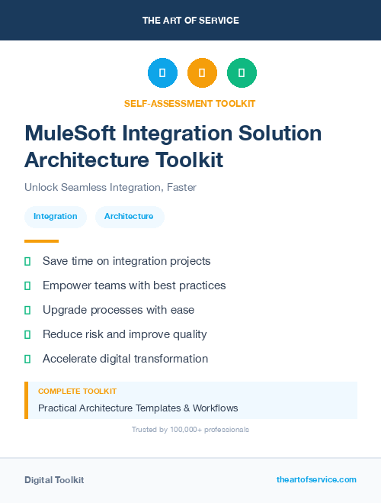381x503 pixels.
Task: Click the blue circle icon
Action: coord(162,73)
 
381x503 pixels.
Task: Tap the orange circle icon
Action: coord(202,73)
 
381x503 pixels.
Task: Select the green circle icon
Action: coord(242,73)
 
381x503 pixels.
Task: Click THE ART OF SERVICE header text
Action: coord(190,21)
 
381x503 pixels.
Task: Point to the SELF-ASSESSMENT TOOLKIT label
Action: coord(190,103)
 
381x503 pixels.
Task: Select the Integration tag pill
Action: coord(56,216)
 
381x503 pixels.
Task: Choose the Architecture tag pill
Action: coord(129,216)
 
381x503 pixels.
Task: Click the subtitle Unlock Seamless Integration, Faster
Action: coord(110,187)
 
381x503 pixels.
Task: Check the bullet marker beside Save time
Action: coord(27,261)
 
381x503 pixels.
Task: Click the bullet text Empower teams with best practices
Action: coord(134,285)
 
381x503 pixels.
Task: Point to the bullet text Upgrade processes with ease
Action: coord(118,310)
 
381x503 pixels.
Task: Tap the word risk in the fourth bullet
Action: coord(95,334)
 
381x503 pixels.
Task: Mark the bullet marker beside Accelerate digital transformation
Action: coord(27,359)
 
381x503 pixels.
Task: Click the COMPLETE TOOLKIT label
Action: coord(77,391)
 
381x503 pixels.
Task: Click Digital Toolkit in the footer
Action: coord(54,480)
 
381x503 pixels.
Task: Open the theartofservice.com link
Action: coord(316,479)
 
